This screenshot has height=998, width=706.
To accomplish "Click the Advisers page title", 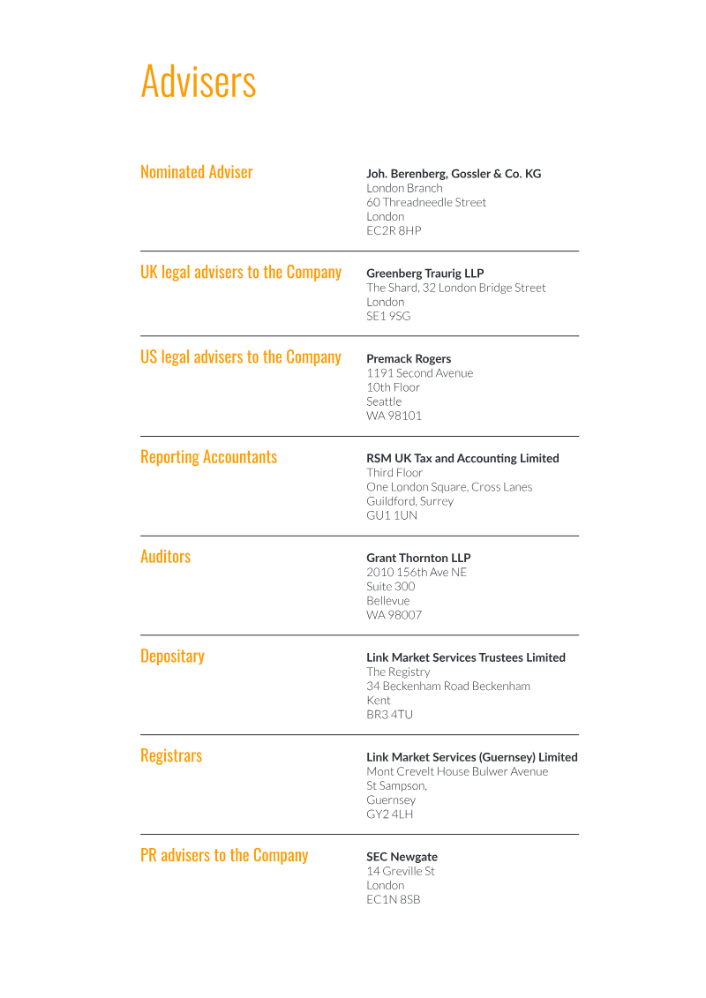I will click(x=199, y=81).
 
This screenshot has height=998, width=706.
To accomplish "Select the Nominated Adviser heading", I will click(x=196, y=172).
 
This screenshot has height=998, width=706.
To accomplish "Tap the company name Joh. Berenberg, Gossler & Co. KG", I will click(x=454, y=174).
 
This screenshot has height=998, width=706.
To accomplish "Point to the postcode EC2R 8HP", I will click(x=394, y=230).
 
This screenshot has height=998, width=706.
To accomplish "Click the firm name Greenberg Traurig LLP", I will click(x=424, y=274).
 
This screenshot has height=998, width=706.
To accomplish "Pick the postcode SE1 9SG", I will click(x=388, y=316).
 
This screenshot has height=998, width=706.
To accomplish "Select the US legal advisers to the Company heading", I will click(x=240, y=357).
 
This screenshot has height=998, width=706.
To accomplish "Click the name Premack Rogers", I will click(x=409, y=359).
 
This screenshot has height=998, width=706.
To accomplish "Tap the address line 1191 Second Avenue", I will click(x=419, y=373).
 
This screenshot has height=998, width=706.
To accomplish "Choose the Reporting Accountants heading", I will click(x=208, y=457).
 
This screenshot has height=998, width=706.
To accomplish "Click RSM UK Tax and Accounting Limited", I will click(x=462, y=459).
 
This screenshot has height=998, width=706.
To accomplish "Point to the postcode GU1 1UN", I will click(x=392, y=515).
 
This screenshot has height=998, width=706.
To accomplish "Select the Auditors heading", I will click(x=165, y=557).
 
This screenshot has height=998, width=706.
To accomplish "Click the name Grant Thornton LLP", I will click(x=418, y=559).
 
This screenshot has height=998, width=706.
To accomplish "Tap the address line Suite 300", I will click(x=390, y=587).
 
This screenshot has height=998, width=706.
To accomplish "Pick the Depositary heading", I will click(x=172, y=657).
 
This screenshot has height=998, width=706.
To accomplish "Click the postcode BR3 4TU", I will click(x=389, y=715).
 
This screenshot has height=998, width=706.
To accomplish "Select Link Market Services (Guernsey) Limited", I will click(x=471, y=757).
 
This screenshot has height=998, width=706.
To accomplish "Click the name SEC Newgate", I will click(x=402, y=857).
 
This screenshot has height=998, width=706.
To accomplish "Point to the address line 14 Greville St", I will click(x=401, y=871).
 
